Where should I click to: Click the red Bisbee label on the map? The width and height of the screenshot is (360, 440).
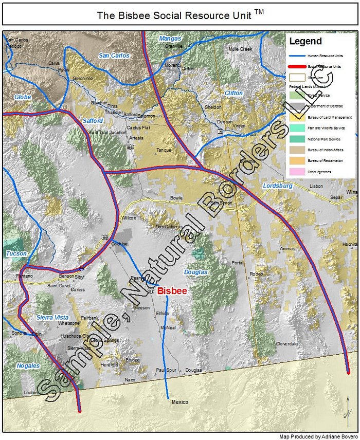[172, 291]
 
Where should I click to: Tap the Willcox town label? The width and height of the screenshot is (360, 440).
[129, 218]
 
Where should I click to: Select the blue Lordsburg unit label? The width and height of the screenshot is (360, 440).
[277, 185]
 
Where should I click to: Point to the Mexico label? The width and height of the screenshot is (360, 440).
[180, 402]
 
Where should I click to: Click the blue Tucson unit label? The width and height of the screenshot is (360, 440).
[16, 253]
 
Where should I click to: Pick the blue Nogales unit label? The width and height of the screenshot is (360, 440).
[28, 365]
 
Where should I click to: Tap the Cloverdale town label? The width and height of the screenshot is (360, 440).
[286, 343]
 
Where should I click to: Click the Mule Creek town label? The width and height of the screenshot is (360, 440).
[240, 49]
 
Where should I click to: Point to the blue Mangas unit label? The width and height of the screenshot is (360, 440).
[170, 39]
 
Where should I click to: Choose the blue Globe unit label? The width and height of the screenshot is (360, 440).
[23, 97]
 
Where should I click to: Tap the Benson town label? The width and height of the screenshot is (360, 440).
[66, 276]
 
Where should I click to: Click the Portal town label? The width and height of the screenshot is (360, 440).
[238, 263]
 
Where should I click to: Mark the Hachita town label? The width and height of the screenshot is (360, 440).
[349, 244]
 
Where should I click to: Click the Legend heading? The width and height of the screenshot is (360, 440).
[305, 42]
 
